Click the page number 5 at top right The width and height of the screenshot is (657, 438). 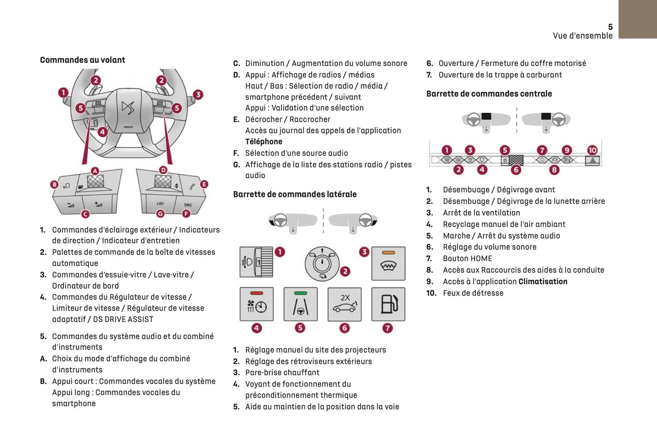[x=610, y=27]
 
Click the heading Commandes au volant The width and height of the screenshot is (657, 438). [x=82, y=60]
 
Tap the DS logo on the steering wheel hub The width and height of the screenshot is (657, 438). [x=128, y=108]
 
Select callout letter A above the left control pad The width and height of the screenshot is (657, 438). [x=95, y=171]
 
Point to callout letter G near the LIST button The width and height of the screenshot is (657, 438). [x=160, y=213]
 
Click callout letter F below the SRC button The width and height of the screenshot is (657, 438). [x=186, y=213]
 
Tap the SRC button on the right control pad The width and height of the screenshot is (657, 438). [x=188, y=204]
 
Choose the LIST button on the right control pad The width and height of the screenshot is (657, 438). [x=160, y=203]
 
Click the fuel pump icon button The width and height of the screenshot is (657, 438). [x=388, y=304]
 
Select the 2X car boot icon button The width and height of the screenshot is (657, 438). [x=345, y=304]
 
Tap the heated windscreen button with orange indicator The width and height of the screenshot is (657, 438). [x=388, y=263]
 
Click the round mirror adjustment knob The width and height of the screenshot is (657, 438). [x=322, y=263]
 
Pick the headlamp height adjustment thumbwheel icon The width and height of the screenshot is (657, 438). [x=256, y=262]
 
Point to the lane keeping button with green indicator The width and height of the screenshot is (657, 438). [x=300, y=304]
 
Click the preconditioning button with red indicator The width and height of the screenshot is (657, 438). [x=256, y=304]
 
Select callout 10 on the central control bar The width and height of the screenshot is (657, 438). [x=592, y=150]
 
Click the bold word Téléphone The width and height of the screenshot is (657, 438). [x=264, y=141]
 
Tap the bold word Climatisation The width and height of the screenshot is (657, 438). [x=543, y=282]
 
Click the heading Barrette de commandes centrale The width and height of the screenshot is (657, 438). [x=489, y=94]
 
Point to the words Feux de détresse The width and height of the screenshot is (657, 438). [x=473, y=293]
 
